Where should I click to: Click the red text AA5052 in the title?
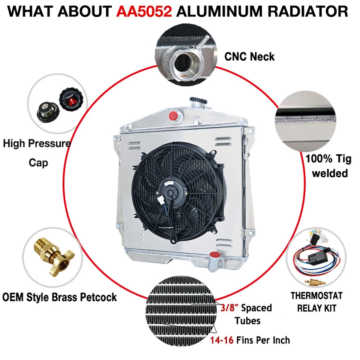click(144, 12)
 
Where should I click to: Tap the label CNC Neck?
click(249, 57)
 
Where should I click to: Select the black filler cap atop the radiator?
click(196, 102)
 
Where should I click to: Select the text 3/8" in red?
click(226, 308)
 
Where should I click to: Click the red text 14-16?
click(222, 340)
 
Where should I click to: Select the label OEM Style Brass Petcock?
click(60, 297)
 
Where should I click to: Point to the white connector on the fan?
click(163, 203)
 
